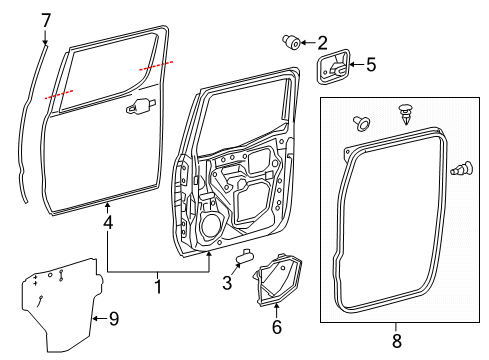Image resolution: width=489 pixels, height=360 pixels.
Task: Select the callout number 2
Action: (321, 42)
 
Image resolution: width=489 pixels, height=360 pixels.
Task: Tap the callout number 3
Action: (227, 284)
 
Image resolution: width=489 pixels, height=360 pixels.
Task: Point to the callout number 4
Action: (107, 226)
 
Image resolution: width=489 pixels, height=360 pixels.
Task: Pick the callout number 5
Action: (370, 66)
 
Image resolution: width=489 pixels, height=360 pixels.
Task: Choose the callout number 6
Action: (277, 325)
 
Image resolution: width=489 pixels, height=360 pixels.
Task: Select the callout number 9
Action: (113, 319)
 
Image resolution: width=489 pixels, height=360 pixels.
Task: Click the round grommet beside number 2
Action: (293, 42)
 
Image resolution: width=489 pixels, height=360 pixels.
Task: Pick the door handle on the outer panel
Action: (141, 105)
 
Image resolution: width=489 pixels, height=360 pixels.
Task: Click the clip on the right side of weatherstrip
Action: (463, 171)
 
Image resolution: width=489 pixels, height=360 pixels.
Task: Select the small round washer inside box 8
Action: (359, 124)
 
